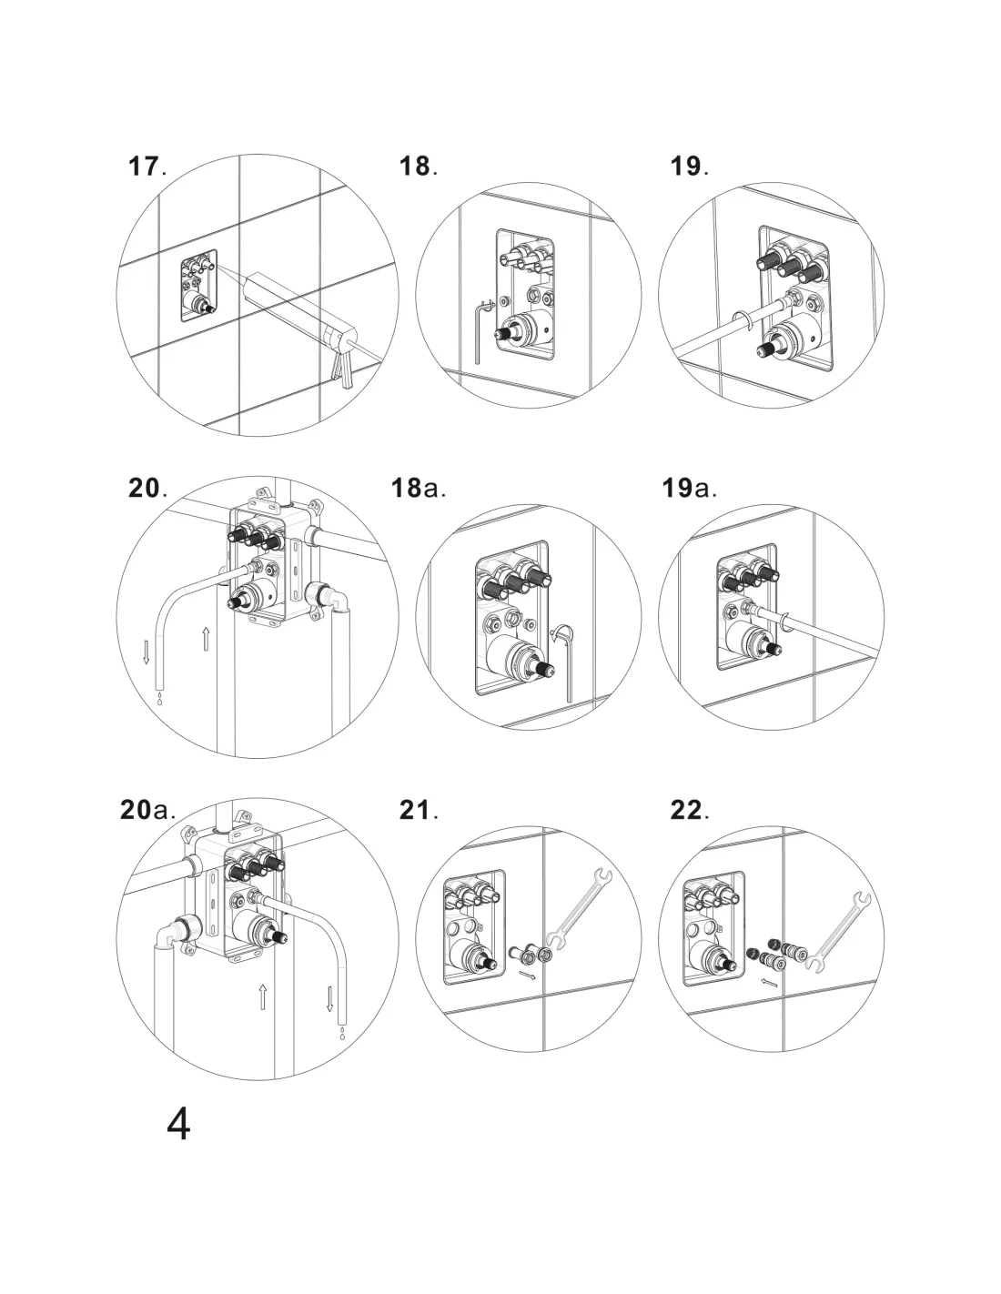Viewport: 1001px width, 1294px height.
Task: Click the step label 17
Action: pyautogui.click(x=146, y=167)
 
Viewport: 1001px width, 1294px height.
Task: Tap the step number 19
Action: pyautogui.click(x=689, y=167)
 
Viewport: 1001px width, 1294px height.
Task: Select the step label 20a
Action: pyautogui.click(x=147, y=810)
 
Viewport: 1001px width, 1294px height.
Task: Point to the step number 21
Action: pyautogui.click(x=418, y=810)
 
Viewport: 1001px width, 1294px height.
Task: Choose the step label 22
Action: pyautogui.click(x=689, y=810)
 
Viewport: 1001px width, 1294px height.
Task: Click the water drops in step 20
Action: pyautogui.click(x=161, y=699)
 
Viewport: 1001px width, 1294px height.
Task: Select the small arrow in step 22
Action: pyautogui.click(x=769, y=982)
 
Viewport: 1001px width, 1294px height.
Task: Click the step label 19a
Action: pyautogui.click(x=689, y=488)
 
